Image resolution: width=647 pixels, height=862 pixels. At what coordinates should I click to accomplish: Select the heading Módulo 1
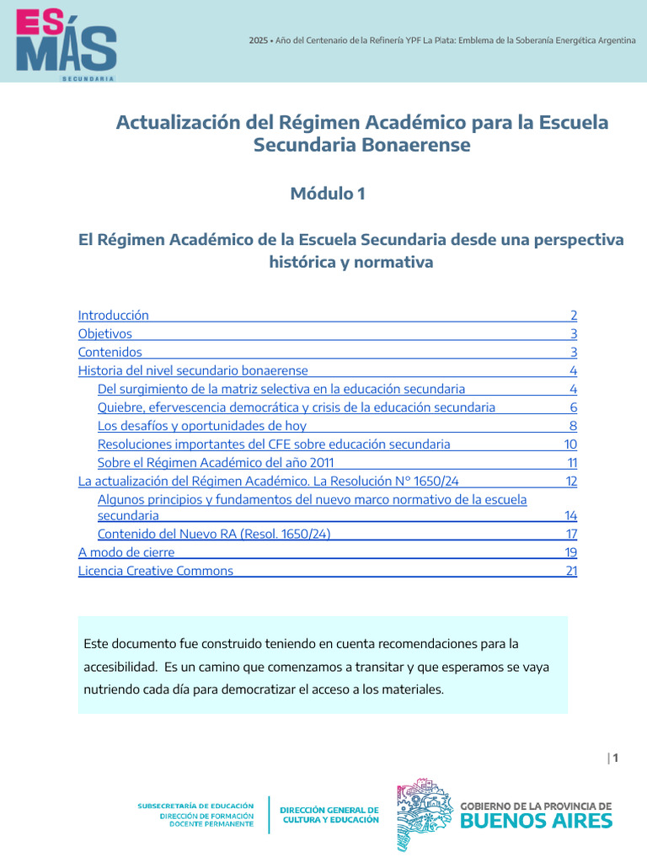[x=328, y=194]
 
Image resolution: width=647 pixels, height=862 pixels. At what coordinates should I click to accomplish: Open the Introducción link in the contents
[x=114, y=316]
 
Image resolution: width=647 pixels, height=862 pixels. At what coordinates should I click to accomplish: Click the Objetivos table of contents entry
[x=105, y=334]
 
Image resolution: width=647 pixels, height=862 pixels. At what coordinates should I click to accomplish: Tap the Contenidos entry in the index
[x=110, y=353]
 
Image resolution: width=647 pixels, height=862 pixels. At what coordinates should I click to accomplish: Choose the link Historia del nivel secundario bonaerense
[x=193, y=371]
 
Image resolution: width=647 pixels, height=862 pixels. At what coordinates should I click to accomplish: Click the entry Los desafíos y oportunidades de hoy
[x=202, y=426]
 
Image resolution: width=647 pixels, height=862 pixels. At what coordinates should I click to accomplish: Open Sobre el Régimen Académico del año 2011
[x=222, y=463]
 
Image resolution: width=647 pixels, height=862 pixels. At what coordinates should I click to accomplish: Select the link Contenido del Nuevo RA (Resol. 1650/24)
[x=219, y=534]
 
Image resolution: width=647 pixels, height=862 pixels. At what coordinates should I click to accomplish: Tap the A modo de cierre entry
[x=126, y=552]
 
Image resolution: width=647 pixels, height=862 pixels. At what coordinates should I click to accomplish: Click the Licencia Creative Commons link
[x=156, y=571]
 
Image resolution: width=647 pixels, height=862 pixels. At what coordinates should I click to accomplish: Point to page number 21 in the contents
[x=571, y=571]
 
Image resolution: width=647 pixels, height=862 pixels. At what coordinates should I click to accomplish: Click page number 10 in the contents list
[x=570, y=444]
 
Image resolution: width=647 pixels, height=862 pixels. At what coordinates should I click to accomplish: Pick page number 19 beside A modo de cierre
[x=571, y=552]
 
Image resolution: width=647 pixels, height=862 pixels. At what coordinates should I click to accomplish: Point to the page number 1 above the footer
[x=616, y=758]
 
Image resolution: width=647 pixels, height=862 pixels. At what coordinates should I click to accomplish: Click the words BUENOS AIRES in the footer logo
[x=537, y=821]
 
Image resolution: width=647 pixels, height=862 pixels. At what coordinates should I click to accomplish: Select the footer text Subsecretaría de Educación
[x=195, y=806]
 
